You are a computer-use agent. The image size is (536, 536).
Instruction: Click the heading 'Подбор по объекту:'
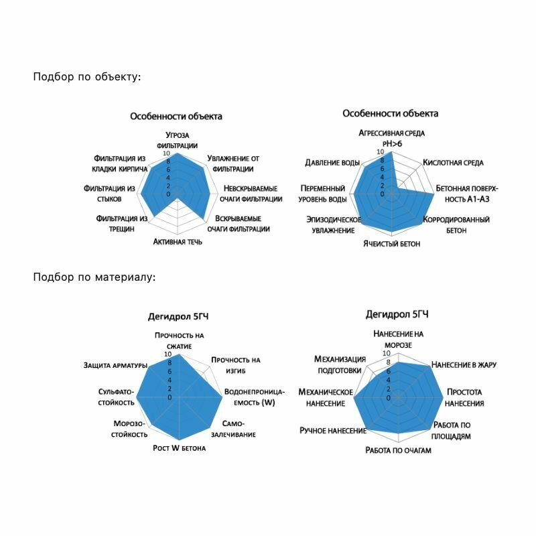87,76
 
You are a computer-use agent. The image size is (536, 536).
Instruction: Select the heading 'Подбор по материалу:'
94,276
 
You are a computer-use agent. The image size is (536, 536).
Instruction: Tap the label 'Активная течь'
178,242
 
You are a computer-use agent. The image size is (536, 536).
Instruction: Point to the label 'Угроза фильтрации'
177,139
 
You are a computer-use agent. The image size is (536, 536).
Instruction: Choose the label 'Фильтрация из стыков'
110,194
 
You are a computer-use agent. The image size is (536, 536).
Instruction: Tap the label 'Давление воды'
332,163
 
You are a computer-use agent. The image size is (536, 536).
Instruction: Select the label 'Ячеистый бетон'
392,244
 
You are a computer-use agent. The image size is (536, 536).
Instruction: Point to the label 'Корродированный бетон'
456,224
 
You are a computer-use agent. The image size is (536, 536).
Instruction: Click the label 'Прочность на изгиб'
236,365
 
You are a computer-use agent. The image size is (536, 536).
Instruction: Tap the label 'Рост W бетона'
179,448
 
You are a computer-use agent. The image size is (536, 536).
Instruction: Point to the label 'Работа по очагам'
398,450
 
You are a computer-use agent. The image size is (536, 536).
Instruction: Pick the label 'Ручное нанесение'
333,430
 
